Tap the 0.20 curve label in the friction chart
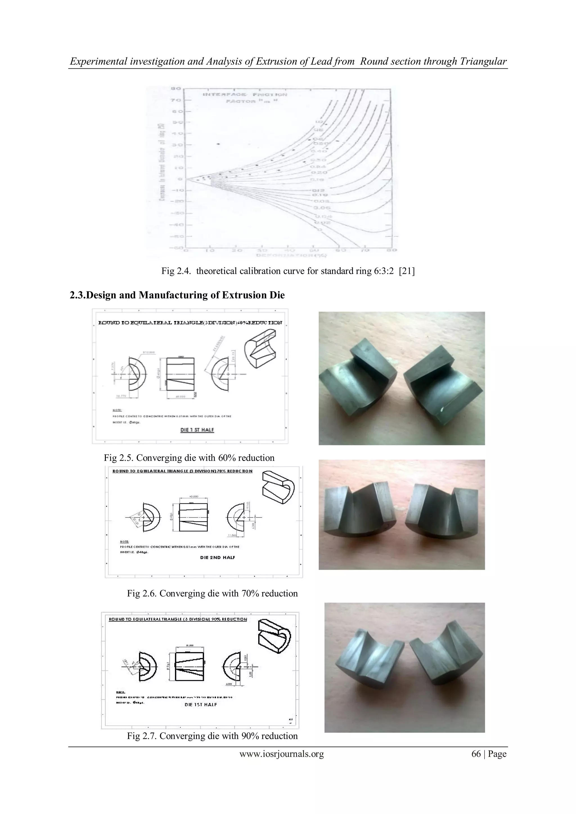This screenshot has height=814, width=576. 319,172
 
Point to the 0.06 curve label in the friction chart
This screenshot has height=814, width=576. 321,208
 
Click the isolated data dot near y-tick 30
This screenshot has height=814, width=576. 219,144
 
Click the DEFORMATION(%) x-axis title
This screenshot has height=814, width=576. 291,255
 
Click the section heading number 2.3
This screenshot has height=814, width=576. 77,295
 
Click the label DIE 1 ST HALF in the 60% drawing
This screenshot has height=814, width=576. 197,430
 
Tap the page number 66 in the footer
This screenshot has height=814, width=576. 476,754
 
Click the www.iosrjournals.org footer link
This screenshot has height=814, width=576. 282,754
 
